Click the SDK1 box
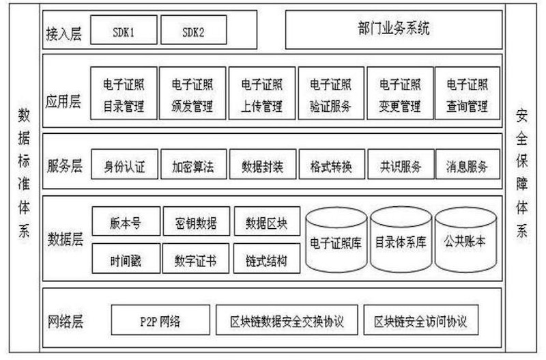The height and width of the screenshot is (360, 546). [x=124, y=30]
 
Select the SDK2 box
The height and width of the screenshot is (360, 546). [x=194, y=30]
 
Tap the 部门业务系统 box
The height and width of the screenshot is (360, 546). [x=394, y=29]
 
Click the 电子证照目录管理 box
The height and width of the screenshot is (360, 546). [x=124, y=94]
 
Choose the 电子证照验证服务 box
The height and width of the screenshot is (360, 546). [x=331, y=94]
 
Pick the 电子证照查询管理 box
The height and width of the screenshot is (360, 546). [x=468, y=94]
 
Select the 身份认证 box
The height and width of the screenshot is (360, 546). [x=124, y=164]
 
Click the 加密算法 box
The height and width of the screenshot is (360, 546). [x=194, y=164]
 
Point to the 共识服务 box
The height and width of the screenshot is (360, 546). [x=401, y=164]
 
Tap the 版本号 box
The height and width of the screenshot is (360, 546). [x=126, y=221]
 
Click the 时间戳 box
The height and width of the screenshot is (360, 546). [x=126, y=258]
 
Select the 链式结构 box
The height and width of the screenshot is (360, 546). [x=267, y=258]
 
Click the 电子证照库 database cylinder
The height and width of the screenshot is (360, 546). [x=336, y=240]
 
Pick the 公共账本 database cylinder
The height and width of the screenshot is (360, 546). [x=465, y=240]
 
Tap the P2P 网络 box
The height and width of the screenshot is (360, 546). [x=160, y=320]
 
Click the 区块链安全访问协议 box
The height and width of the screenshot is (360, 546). [x=420, y=320]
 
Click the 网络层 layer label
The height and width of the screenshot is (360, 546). [x=66, y=321]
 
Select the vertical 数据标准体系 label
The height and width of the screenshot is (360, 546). [x=24, y=173]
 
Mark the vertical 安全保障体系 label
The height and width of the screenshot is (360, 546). [x=521, y=174]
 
